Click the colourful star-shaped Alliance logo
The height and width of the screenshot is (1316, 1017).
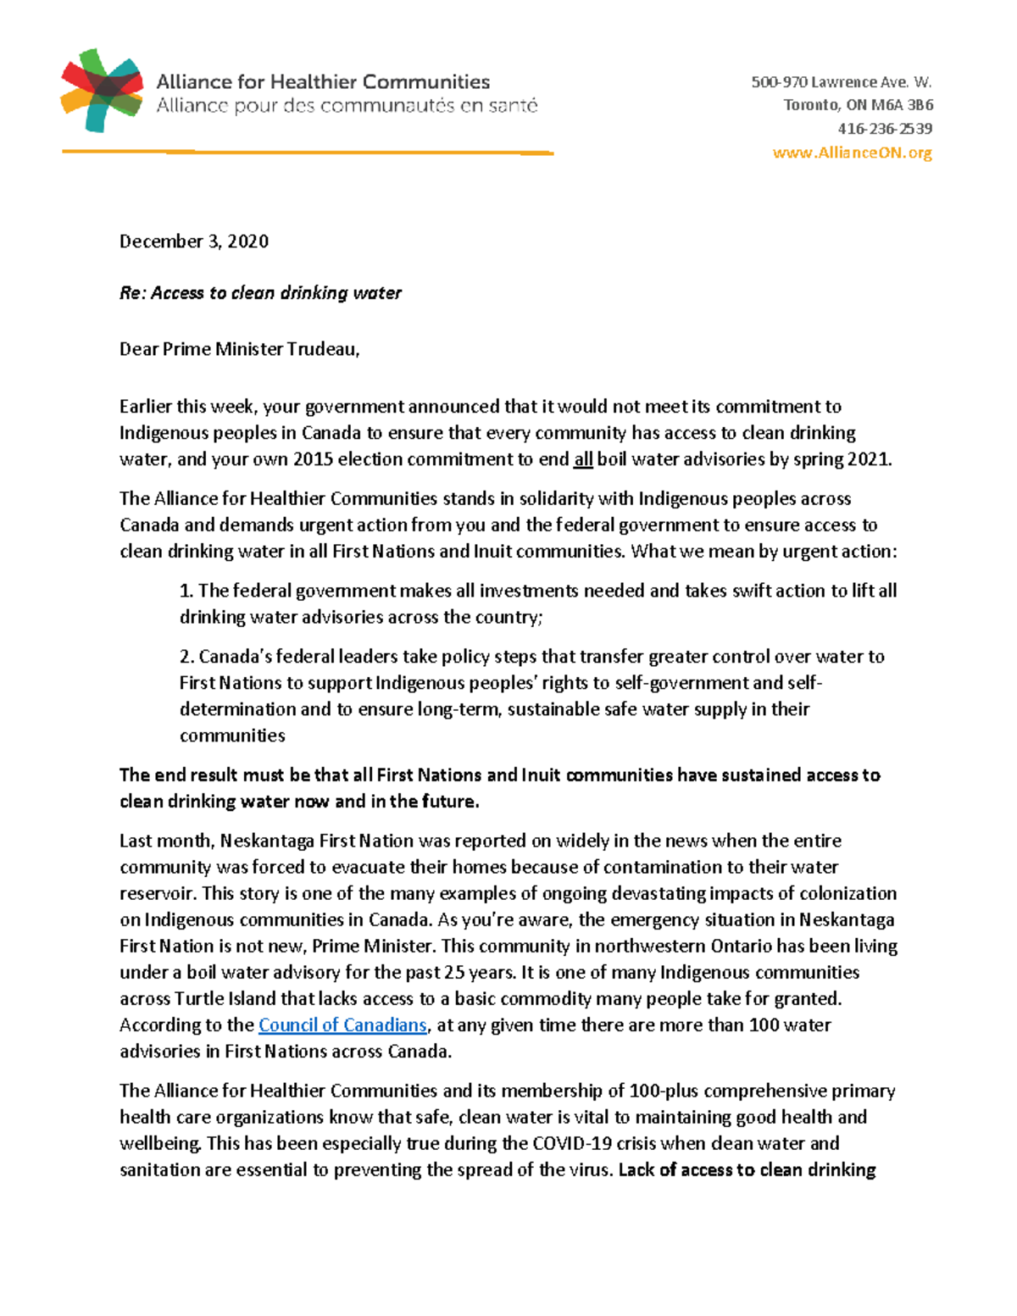click(x=101, y=91)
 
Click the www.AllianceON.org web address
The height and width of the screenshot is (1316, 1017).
click(x=852, y=153)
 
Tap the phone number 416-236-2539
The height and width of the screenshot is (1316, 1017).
click(x=885, y=129)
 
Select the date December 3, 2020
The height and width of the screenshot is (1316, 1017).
click(x=194, y=242)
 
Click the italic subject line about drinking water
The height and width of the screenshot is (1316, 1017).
click(x=260, y=293)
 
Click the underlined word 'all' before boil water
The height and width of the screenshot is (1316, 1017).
click(x=583, y=460)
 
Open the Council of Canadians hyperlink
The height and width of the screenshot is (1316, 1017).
click(x=342, y=1025)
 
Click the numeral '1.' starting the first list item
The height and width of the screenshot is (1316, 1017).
click(x=186, y=591)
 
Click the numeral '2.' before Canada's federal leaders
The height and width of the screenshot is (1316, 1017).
click(x=186, y=657)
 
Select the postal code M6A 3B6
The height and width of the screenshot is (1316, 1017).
click(x=902, y=105)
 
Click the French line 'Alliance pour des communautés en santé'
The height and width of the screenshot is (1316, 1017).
click(x=347, y=106)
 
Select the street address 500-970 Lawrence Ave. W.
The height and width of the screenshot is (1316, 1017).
click(x=841, y=82)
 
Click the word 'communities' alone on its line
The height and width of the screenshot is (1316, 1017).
click(x=232, y=736)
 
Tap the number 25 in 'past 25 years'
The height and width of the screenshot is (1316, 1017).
click(x=455, y=973)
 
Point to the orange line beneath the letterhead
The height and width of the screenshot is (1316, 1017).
click(x=307, y=153)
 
